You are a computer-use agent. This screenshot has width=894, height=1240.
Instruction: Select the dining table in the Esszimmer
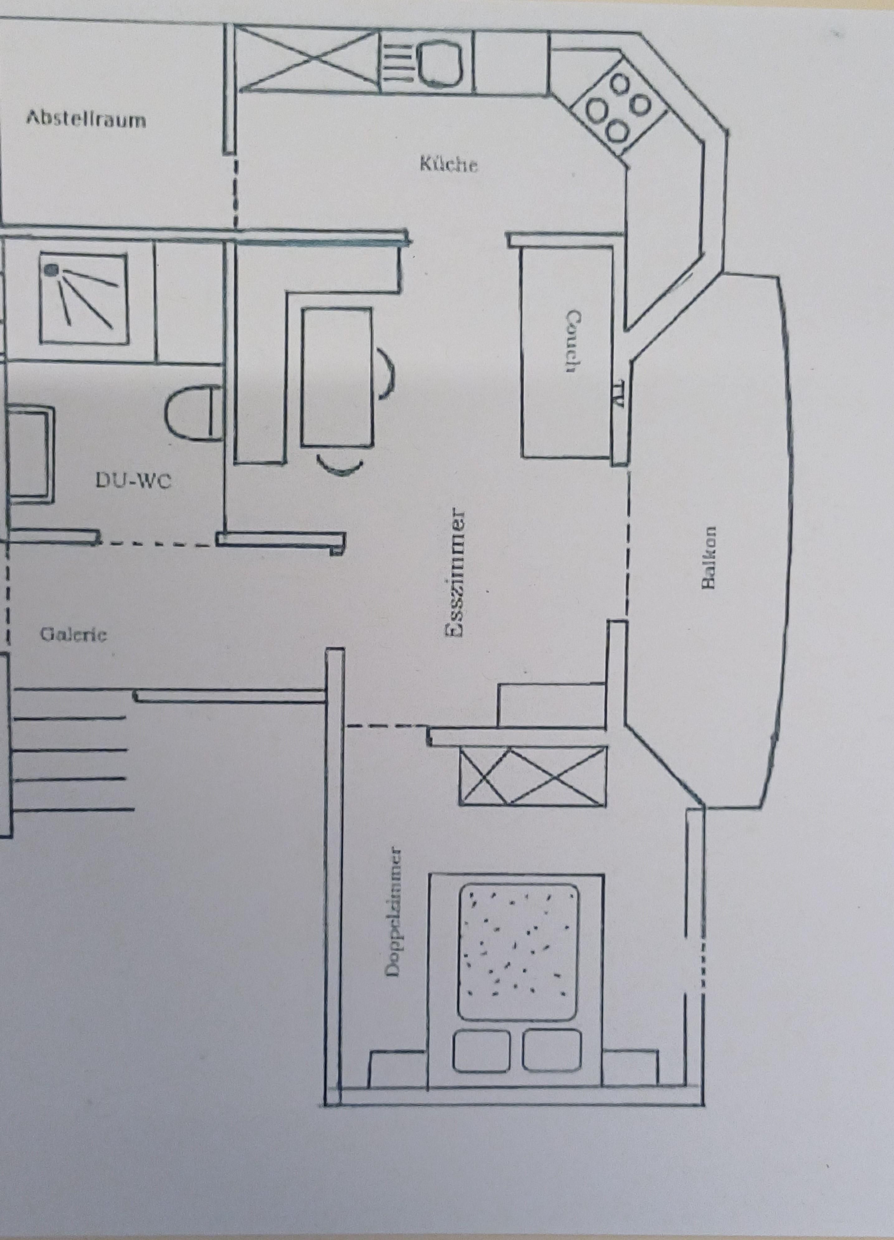pyautogui.click(x=336, y=377)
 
